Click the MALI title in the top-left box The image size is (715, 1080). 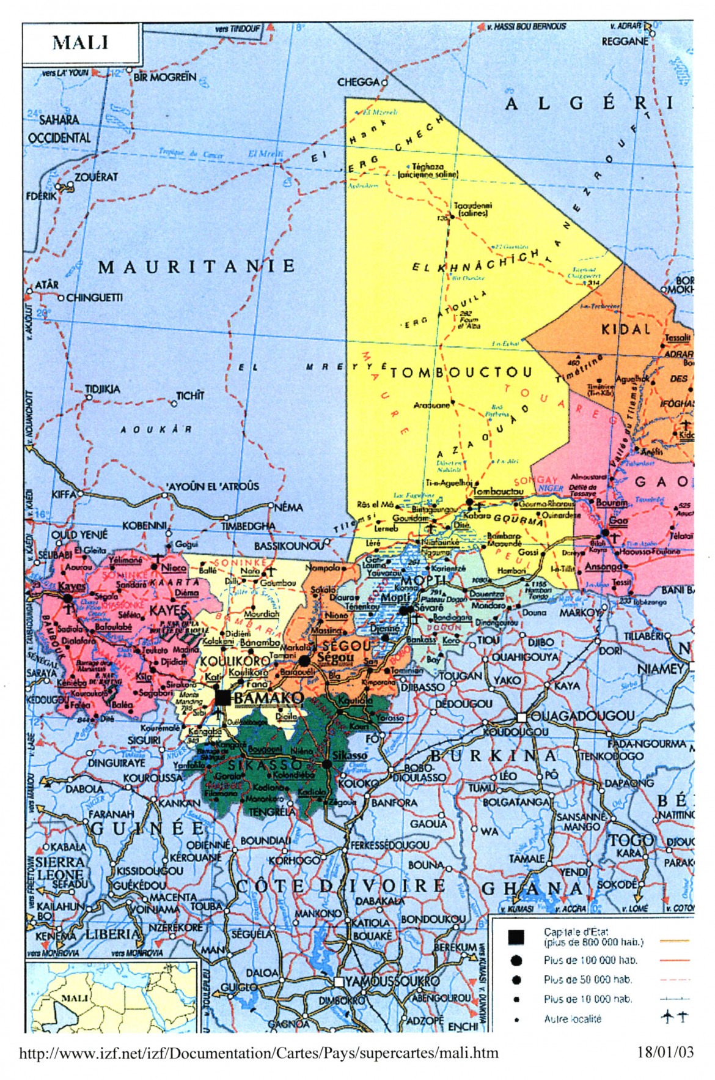[80, 43]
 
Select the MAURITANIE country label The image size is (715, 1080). [196, 266]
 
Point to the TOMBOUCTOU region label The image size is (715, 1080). [460, 372]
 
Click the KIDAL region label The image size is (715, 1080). [626, 330]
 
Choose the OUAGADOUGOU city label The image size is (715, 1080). [582, 716]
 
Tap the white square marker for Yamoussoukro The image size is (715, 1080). [338, 981]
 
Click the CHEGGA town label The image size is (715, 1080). [358, 82]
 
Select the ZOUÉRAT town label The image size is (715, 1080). [96, 177]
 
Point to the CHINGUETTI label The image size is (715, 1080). [94, 298]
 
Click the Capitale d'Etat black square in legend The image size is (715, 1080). [516, 937]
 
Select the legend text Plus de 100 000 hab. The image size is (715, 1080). [587, 960]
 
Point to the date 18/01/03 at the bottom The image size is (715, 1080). [665, 1052]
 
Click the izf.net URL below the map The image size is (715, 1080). [259, 1053]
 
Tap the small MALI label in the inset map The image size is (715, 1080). [75, 998]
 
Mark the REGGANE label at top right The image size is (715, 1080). [625, 41]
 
